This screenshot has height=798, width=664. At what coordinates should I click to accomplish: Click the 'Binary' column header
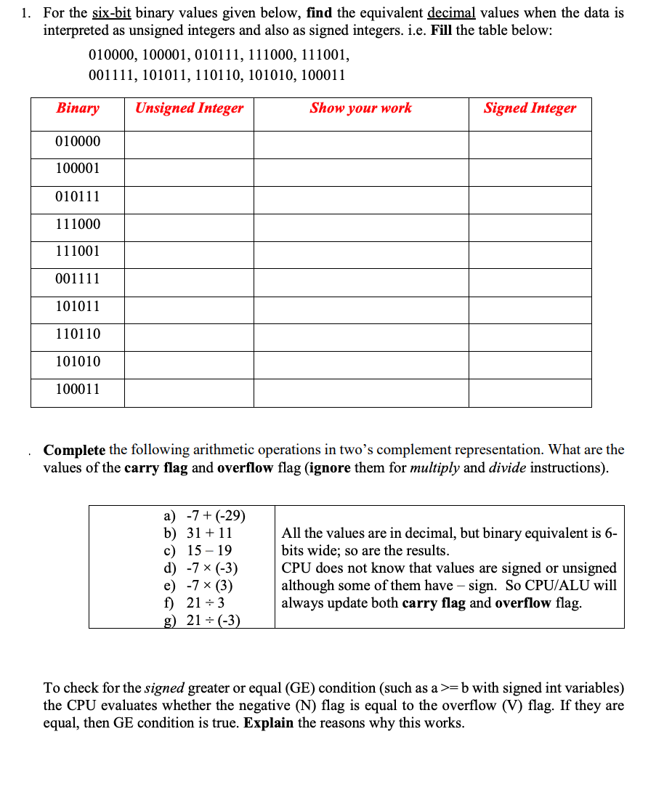point(78,108)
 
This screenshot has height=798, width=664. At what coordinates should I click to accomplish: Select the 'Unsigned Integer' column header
point(189,108)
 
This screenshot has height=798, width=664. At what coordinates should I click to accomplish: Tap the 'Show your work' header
point(360,108)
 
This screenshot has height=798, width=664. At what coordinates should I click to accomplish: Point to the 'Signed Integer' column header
point(530,108)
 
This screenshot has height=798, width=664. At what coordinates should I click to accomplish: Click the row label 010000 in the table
point(78,142)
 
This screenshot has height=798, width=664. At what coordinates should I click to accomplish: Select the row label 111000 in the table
point(78,225)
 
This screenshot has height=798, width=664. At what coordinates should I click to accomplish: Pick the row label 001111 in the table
point(78,279)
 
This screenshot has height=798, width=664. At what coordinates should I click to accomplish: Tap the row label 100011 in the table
point(78,390)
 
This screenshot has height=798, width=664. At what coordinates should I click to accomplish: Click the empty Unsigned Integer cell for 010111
point(189,197)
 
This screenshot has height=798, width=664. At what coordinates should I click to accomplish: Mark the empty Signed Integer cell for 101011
point(530,307)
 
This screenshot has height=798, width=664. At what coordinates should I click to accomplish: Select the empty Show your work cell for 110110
point(360,335)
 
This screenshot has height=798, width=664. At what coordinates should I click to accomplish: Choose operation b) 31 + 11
point(198,533)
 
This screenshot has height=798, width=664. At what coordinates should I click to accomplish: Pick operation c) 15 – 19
point(198,551)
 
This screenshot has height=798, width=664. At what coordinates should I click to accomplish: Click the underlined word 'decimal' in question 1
point(450,13)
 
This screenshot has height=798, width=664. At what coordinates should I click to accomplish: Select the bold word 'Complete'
point(75,450)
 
